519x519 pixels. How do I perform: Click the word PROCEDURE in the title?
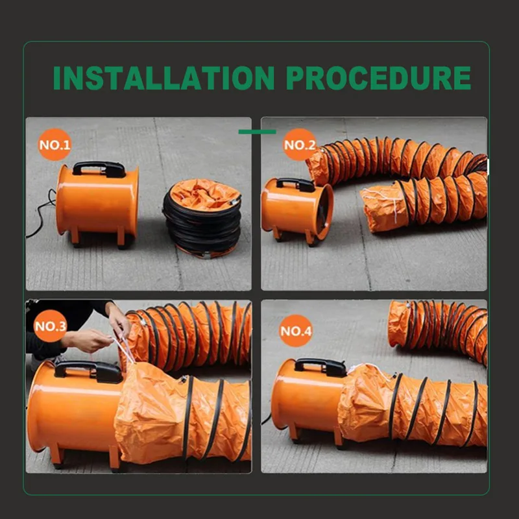coord(378,78)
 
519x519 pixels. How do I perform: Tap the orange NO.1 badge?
coord(54,145)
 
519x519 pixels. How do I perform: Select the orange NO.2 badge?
coord(299,145)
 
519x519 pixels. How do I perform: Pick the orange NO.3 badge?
coord(51,326)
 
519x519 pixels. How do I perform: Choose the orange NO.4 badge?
coord(296,333)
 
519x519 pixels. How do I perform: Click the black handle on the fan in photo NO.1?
coord(99,169)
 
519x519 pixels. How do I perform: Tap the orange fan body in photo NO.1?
coord(97,201)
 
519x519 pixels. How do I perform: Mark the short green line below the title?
coord(257,132)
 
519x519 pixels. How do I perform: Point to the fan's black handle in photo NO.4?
coord(320,367)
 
